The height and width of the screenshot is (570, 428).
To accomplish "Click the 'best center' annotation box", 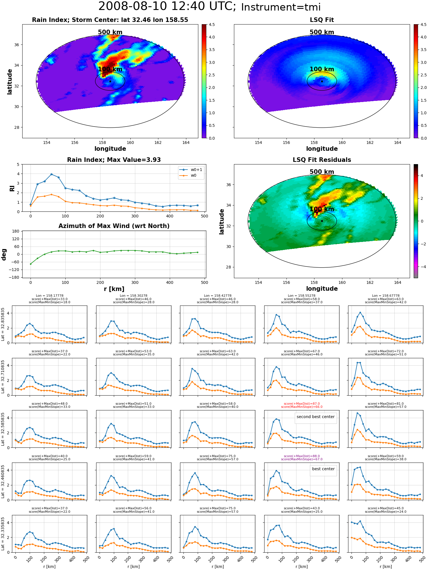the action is coord(323,469).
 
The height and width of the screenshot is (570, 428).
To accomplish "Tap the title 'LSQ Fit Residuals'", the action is coord(322,160).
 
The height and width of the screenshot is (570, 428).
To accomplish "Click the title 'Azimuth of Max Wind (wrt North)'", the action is coord(114,226).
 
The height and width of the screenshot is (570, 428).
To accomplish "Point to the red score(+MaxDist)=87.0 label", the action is coord(302,404).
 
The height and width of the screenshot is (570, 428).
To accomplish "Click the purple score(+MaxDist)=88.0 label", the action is coord(302,456).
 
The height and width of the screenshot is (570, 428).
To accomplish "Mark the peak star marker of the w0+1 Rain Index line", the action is coord(51,174).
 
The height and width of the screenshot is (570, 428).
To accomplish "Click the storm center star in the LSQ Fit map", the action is coord(322,81).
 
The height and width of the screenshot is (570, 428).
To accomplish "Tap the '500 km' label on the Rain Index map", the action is coord(110,32).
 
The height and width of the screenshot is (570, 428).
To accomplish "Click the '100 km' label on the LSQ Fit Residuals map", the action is coord(322,209).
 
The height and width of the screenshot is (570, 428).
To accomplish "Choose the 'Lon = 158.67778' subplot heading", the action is coord(386,296).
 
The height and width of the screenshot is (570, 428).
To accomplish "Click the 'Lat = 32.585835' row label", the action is coord(3,429).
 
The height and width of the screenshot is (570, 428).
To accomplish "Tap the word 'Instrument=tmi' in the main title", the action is coord(281,7).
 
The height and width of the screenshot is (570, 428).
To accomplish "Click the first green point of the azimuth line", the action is coord(31,264).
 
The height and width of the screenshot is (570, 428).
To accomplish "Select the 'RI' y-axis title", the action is coord(12,188).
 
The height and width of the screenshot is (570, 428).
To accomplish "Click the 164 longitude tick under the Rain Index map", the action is coord(186,142).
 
